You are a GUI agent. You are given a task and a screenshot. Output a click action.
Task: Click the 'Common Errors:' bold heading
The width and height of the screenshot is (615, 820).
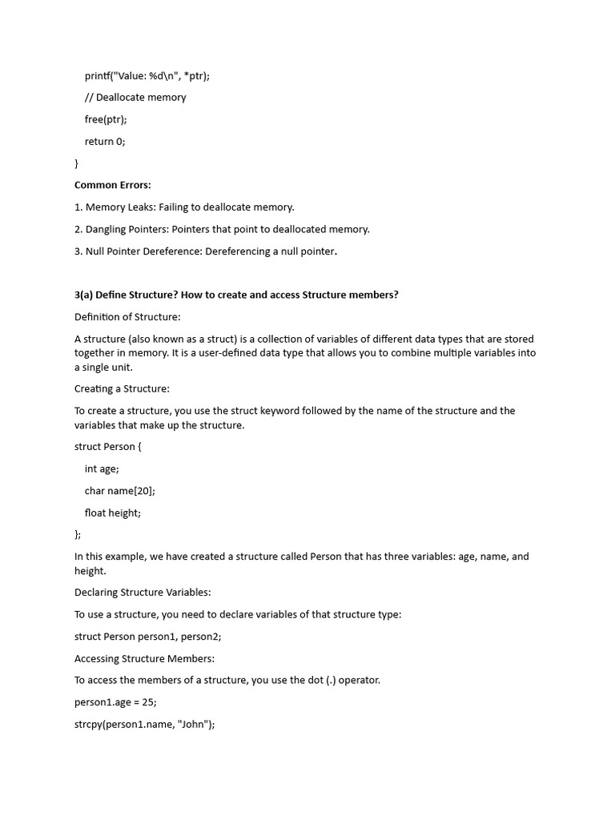point(112,185)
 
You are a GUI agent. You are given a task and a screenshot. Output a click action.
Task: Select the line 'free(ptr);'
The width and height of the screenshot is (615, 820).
point(106,119)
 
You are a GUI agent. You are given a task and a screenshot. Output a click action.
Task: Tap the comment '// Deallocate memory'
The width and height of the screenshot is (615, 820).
point(135,98)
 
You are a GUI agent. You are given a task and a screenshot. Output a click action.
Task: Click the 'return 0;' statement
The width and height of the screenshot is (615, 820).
point(105,141)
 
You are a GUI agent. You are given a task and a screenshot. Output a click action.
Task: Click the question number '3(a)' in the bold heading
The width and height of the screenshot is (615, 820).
point(83,295)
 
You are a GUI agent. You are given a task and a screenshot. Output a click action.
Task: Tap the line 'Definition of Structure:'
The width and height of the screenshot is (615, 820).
point(127,317)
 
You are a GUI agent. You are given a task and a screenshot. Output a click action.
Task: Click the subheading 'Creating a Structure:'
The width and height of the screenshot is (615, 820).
point(122,389)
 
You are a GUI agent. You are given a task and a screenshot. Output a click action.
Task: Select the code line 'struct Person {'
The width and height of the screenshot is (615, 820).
point(107,447)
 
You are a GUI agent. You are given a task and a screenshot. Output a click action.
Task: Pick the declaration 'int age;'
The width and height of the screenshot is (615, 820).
point(102,469)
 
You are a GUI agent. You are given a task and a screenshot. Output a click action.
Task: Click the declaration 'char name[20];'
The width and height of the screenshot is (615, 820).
point(120,491)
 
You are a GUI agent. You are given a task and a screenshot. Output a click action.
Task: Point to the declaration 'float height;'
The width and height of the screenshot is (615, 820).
point(113,513)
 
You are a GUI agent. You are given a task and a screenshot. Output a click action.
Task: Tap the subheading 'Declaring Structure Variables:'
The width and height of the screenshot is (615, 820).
point(143,593)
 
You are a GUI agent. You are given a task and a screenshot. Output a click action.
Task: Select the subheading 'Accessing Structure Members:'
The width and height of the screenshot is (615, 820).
point(144,659)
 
